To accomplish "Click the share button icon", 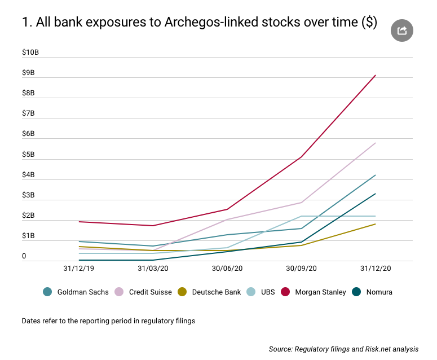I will pos(402,30).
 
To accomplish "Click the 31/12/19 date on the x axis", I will pos(79,269).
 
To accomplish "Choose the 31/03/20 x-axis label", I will pos(153,269).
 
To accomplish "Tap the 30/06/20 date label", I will pos(227,269).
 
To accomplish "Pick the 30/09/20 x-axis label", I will pos(301,269).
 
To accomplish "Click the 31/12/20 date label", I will pos(376,269).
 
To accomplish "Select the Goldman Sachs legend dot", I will pos(48,292).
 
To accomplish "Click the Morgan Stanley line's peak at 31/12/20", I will pos(376,75).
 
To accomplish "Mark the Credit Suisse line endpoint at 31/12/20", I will pos(376,143).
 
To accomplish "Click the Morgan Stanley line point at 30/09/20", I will pos(301,157).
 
